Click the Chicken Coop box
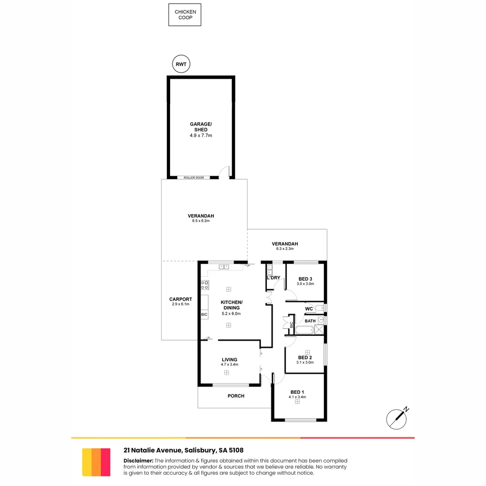click(184, 15)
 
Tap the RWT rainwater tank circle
click(181, 64)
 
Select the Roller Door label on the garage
click(193, 178)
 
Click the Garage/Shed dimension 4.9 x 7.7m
click(201, 135)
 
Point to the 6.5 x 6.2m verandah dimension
click(201, 221)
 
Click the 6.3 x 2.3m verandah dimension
click(285, 249)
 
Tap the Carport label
click(180, 299)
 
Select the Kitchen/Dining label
click(231, 305)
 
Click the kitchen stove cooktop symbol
click(204, 284)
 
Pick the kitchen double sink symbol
click(224, 267)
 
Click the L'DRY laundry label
click(274, 278)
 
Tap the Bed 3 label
click(305, 279)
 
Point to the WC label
click(309, 309)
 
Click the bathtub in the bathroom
click(304, 330)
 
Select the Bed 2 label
click(305, 357)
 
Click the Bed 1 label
click(297, 391)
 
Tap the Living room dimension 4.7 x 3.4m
click(229, 365)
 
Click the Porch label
click(236, 396)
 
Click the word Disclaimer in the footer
click(138, 460)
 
